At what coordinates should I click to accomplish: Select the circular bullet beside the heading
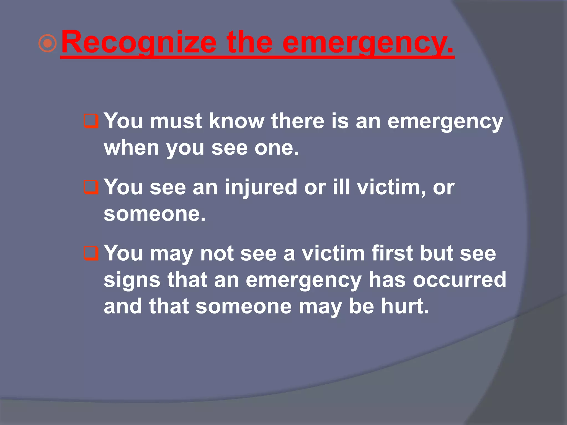point(48,43)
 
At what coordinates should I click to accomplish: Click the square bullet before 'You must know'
point(91,121)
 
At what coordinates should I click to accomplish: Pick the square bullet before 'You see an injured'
point(91,187)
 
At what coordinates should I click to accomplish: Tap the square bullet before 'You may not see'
point(91,253)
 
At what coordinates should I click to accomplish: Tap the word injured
point(261,188)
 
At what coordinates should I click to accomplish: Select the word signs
point(132,280)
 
